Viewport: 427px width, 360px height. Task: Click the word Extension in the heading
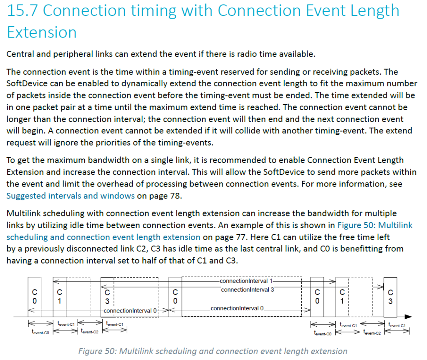pos(42,32)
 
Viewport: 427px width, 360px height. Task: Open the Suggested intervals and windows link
pos(70,196)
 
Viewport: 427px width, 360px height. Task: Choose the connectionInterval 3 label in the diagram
pos(248,290)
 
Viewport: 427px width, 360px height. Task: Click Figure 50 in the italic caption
pos(98,351)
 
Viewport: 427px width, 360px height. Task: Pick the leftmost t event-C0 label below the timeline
pos(40,332)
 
